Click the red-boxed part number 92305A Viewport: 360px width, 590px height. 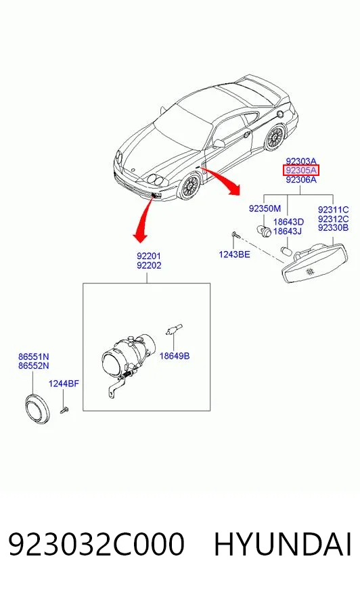tap(301, 171)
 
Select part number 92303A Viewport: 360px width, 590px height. tap(301, 162)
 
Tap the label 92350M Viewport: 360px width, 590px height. tap(265, 208)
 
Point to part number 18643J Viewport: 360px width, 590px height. tap(288, 231)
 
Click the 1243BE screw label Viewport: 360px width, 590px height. tap(234, 254)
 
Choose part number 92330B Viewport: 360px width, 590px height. tap(334, 227)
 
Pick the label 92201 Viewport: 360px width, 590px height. tap(149, 256)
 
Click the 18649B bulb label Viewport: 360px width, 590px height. tap(175, 356)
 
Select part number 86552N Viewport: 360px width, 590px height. tap(33, 365)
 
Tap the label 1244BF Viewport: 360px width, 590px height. tap(64, 384)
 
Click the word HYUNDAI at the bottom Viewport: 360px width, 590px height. tap(283, 544)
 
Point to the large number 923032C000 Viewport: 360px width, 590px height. tap(96, 544)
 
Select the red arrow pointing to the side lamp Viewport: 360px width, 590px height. tap(223, 181)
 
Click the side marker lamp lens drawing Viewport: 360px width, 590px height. tap(315, 263)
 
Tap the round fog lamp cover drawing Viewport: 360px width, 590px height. tap(37, 409)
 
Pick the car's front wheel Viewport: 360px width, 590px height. tap(189, 186)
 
